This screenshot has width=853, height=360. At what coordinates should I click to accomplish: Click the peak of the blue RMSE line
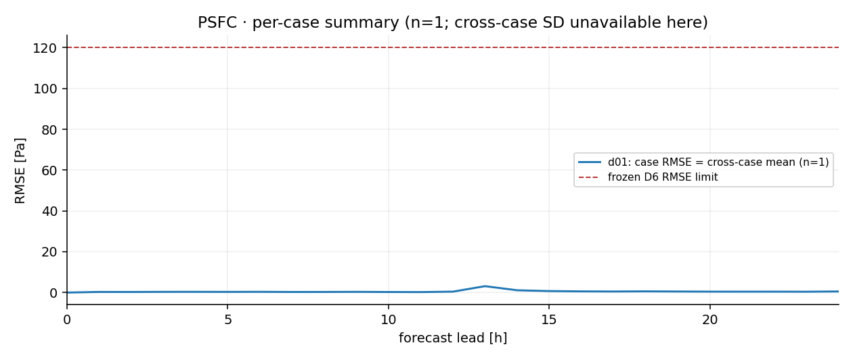(485, 286)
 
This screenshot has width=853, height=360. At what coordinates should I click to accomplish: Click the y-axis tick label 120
(45, 48)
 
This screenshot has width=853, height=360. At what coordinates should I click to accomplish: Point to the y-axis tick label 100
(45, 89)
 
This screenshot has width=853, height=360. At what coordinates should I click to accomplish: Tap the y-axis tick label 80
(49, 130)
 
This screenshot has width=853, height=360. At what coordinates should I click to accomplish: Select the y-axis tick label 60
(49, 171)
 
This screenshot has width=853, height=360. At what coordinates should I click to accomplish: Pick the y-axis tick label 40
(49, 211)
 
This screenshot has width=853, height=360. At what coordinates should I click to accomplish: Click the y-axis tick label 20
(49, 252)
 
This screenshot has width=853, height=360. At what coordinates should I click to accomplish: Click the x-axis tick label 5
(227, 319)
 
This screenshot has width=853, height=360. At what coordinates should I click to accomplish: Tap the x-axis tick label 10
(389, 319)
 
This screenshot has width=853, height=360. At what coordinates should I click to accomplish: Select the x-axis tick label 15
(549, 319)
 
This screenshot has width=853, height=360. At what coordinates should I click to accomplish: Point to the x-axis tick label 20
(709, 319)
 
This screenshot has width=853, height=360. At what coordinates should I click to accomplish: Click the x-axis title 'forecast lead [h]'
(453, 338)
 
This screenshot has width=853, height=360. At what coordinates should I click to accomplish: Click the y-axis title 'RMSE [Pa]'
(20, 171)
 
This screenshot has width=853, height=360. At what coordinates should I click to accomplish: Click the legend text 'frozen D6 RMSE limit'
(663, 177)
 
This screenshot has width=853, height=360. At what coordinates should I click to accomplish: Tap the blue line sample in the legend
(590, 162)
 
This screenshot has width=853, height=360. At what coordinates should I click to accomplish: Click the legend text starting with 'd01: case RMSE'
(718, 162)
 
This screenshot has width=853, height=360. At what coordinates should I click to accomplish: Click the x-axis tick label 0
(67, 319)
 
